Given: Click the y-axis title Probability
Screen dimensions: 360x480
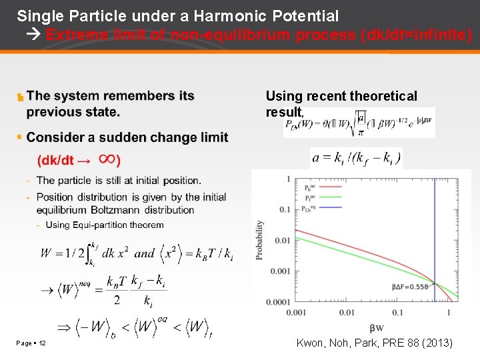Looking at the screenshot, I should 261,241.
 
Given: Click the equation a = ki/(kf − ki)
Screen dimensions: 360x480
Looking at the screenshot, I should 356,158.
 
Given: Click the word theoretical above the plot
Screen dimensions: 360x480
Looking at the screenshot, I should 379,97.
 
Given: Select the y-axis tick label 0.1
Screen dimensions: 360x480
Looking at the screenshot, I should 283,209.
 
